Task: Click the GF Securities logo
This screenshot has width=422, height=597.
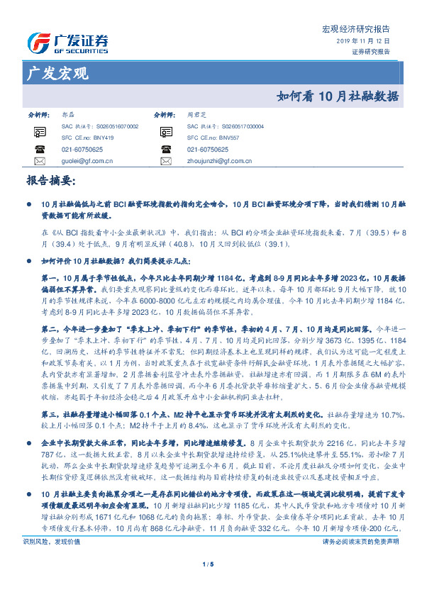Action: [67, 40]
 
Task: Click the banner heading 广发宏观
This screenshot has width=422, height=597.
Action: [57, 73]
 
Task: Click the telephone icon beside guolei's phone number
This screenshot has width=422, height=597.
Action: [39, 150]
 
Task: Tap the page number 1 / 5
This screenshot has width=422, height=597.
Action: [211, 564]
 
